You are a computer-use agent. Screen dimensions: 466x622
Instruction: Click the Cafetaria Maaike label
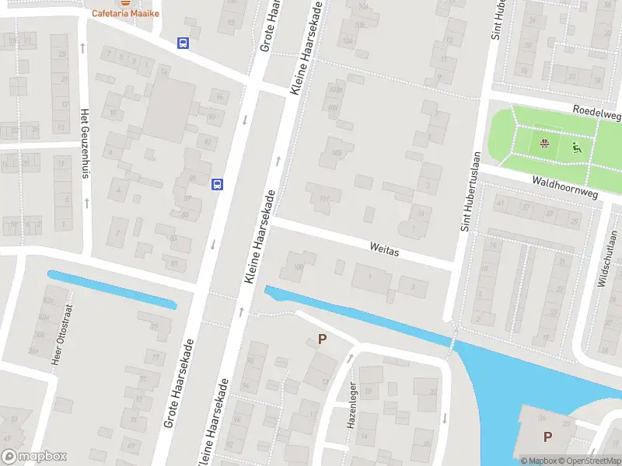tap(121, 12)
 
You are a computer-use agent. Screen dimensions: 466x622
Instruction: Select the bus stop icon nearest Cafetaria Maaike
tap(183, 43)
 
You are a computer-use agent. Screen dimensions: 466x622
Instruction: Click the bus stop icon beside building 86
tap(218, 184)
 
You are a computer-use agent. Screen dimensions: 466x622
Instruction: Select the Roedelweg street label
tap(597, 113)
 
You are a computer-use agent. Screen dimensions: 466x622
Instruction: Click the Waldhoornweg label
tap(565, 186)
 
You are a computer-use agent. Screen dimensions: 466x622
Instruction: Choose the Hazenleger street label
tap(351, 404)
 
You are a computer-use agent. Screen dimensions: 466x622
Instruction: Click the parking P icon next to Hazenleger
tap(323, 339)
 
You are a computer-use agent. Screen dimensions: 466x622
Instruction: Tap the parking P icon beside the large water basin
tap(547, 436)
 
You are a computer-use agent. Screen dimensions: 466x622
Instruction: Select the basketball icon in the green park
tap(544, 143)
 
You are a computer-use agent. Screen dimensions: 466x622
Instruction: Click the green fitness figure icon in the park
tap(576, 147)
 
